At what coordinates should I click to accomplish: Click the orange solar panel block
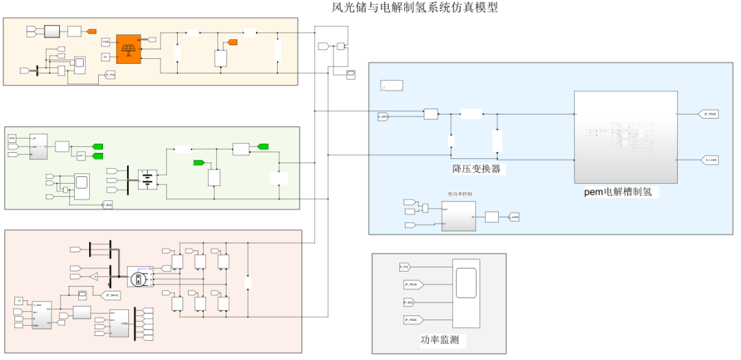click(128, 49)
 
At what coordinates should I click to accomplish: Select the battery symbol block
click(148, 180)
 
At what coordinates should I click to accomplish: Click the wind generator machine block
click(139, 278)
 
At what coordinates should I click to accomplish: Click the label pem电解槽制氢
click(621, 192)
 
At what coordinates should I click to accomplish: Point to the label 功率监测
click(439, 340)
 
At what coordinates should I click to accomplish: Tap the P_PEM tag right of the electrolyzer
click(709, 114)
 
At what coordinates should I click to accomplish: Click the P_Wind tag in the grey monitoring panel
click(414, 284)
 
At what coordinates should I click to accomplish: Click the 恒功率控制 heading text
click(460, 194)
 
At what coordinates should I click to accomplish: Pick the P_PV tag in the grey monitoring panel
click(405, 266)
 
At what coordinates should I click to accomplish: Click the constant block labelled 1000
click(106, 43)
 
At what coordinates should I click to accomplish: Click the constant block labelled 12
click(19, 300)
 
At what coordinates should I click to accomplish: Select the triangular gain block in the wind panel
click(93, 276)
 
